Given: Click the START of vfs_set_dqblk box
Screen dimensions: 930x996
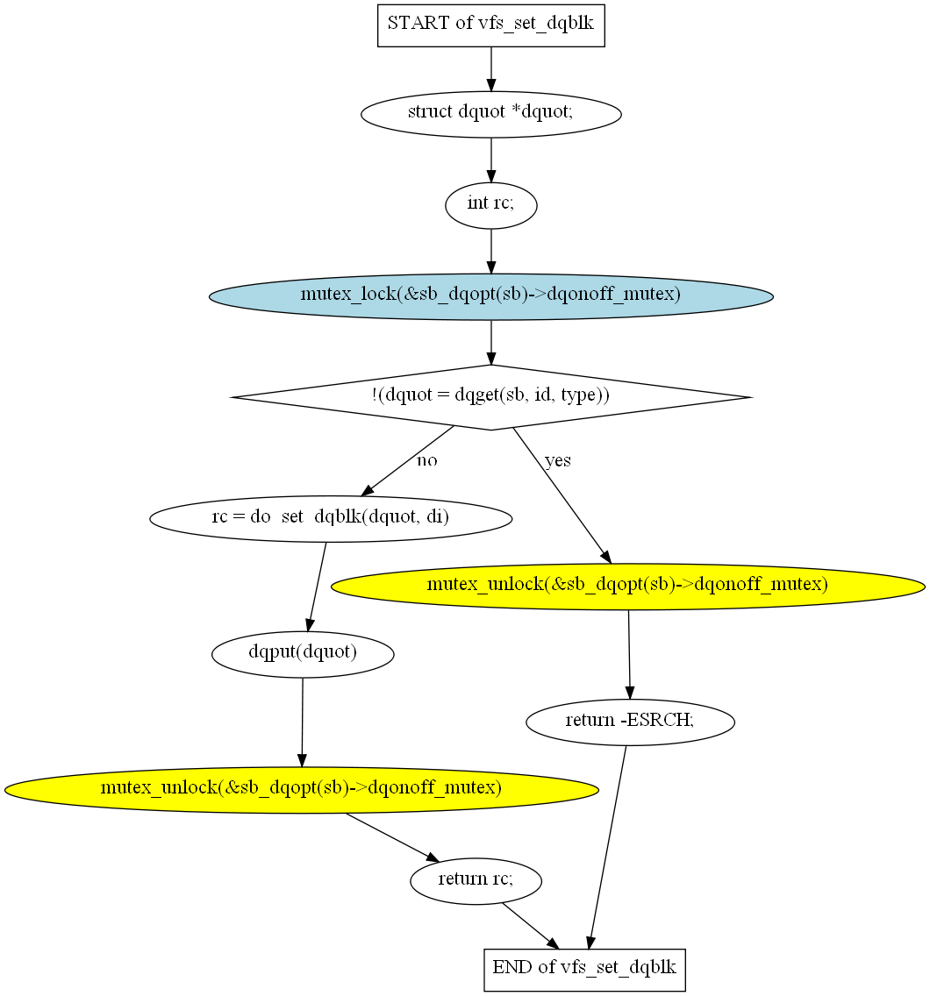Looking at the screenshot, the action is (490, 25).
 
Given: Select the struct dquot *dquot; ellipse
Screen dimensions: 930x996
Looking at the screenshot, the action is (490, 114).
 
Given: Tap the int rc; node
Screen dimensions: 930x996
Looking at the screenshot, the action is (490, 205).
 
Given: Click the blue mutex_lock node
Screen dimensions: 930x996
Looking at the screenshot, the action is (490, 296).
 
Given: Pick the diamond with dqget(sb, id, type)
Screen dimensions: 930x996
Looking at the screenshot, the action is (490, 397).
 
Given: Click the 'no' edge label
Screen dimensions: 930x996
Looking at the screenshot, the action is (426, 460).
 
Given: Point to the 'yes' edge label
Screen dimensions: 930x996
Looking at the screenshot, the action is (557, 460).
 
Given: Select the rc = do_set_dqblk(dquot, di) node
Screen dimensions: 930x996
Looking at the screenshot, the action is (331, 518).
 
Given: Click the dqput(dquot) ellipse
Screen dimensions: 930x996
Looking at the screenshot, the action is (303, 654).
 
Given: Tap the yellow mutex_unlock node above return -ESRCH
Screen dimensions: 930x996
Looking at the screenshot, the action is (628, 587).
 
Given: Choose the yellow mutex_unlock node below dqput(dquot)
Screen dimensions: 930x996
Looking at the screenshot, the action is (301, 790).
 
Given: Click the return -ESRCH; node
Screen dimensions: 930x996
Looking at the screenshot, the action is (630, 722).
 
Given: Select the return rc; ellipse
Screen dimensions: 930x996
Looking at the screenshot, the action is (476, 881).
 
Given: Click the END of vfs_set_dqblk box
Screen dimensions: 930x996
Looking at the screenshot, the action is (584, 970).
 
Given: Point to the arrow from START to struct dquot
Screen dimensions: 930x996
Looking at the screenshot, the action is (490, 69).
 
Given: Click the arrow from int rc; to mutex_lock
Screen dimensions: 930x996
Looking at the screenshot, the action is (490, 251).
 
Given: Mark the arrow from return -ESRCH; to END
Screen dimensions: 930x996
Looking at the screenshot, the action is (608, 847).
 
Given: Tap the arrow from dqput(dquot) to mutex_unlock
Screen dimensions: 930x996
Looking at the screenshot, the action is (302, 722).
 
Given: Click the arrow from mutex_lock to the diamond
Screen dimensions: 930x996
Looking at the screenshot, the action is (490, 342).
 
